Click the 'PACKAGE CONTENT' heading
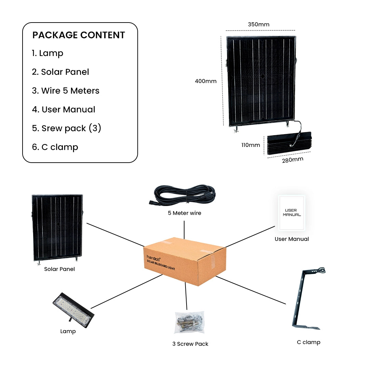79,35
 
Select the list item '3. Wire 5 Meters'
66,91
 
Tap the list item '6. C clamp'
55,147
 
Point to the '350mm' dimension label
259,25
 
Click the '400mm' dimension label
206,81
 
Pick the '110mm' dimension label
250,145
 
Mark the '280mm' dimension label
292,160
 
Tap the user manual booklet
291,213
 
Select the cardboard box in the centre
184,261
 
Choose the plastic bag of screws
189,323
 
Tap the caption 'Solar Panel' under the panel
59,269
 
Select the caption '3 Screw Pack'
190,344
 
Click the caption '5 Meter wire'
184,213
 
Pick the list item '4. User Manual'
64,110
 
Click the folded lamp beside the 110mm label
290,144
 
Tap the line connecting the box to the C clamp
251,290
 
